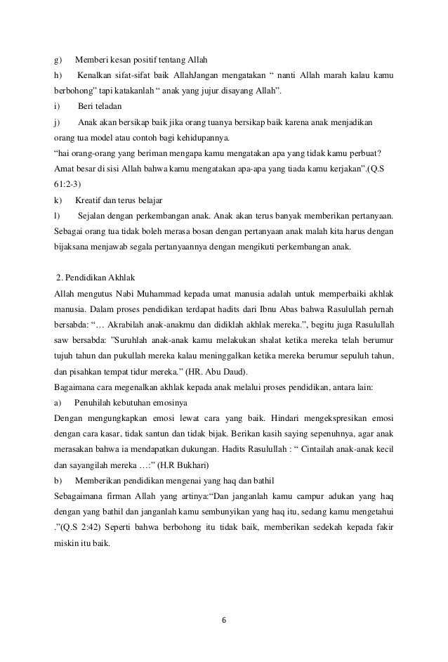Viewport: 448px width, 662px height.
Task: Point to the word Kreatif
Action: click(90, 202)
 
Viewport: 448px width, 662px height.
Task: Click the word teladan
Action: click(108, 106)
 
